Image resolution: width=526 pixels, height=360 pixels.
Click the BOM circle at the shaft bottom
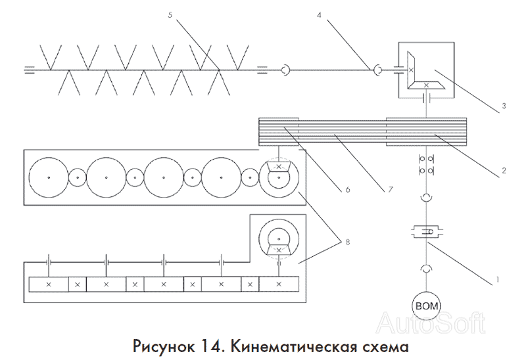click(426, 305)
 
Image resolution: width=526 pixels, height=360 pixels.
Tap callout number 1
click(498, 279)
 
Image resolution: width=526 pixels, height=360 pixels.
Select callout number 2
click(504, 171)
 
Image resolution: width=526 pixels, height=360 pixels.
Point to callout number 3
click(504, 106)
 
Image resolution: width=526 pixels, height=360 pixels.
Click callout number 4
click(319, 15)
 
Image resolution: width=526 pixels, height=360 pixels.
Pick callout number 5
click(170, 15)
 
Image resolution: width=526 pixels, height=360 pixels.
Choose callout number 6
click(348, 190)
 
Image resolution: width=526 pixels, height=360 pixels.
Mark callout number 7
click(390, 190)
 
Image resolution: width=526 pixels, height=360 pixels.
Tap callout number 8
click(348, 242)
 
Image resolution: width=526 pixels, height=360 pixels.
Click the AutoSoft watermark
click(431, 323)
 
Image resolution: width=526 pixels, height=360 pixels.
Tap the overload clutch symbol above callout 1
click(426, 232)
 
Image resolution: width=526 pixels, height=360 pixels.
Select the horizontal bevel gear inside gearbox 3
click(426, 85)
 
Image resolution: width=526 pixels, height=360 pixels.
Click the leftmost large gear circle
click(49, 177)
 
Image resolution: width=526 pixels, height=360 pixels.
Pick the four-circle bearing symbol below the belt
click(426, 165)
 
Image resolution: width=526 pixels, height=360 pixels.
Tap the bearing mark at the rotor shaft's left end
click(30, 70)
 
